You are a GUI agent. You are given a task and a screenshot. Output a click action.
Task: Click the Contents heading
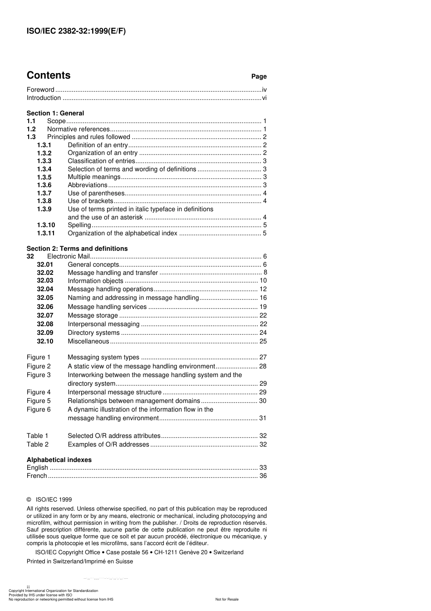(x=49, y=75)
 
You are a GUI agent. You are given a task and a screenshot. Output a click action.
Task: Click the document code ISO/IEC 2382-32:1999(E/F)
(x=76, y=31)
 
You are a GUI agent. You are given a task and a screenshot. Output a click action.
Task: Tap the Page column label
(x=259, y=77)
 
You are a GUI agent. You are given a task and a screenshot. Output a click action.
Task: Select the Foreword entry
(x=40, y=90)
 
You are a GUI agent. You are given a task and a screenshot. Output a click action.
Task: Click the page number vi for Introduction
(x=264, y=98)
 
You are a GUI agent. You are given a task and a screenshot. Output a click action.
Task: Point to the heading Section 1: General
(x=55, y=113)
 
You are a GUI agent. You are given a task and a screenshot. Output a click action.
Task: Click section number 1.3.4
(x=44, y=169)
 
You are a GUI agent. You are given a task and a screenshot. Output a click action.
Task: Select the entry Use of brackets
(x=90, y=201)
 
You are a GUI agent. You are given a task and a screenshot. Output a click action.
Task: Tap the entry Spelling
(x=79, y=225)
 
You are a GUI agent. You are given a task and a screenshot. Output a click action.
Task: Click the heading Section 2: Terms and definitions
(x=77, y=248)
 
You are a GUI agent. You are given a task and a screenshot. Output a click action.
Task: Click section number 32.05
(x=45, y=298)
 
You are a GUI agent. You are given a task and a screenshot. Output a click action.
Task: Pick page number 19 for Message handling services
(x=263, y=307)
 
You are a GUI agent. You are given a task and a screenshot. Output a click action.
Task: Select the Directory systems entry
(x=93, y=333)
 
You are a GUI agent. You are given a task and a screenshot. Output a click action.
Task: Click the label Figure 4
(x=39, y=392)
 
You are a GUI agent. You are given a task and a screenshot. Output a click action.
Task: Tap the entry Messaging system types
(x=103, y=358)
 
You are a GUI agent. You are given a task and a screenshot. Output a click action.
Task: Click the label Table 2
(x=37, y=445)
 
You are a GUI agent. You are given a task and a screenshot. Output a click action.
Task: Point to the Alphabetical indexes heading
(x=59, y=460)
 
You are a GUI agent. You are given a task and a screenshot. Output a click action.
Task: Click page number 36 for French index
(x=263, y=476)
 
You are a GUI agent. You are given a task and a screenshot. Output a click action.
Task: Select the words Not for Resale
(x=226, y=599)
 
